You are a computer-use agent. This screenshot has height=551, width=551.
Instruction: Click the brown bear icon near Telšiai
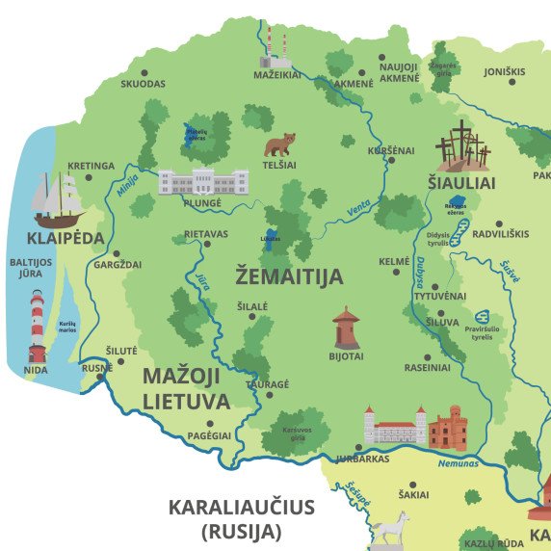click(279, 145)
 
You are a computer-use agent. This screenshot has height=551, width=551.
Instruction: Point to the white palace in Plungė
click(203, 181)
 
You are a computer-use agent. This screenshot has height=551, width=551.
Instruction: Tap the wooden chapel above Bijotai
click(346, 328)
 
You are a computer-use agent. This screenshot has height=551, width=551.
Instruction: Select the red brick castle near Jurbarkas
click(447, 428)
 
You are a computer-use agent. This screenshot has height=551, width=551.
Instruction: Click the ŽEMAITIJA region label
click(289, 277)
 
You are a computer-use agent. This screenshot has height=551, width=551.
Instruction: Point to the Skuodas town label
click(143, 84)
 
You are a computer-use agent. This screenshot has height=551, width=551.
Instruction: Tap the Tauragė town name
click(267, 383)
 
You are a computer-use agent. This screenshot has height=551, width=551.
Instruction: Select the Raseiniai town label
click(427, 367)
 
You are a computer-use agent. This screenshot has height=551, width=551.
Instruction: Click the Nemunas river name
click(457, 463)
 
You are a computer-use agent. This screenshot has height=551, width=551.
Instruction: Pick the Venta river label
click(359, 203)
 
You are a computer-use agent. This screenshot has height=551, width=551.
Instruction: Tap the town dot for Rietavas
click(205, 244)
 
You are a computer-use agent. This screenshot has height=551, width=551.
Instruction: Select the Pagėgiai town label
click(209, 435)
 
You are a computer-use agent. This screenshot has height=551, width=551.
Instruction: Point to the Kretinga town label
click(92, 166)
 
